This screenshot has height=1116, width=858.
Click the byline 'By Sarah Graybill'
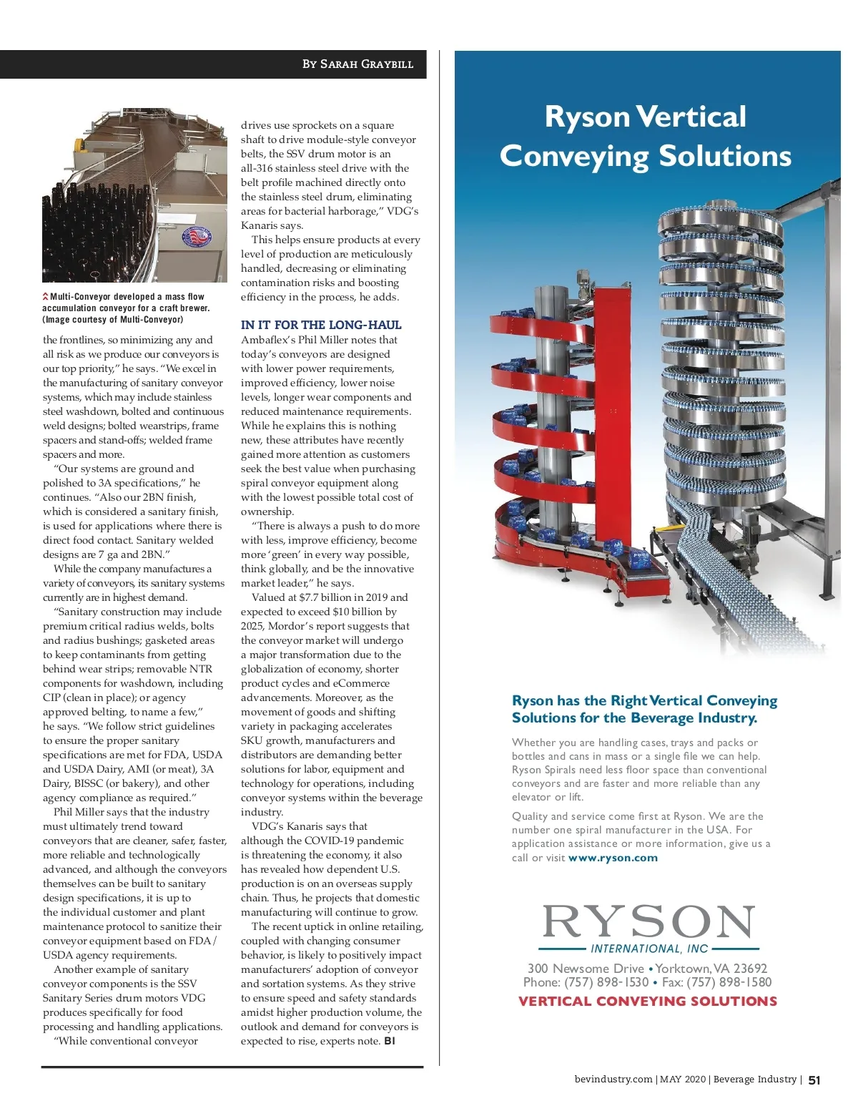click(357, 64)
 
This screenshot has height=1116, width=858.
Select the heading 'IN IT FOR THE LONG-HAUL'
click(321, 325)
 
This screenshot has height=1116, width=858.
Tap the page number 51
click(814, 1080)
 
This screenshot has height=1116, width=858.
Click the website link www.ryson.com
click(613, 858)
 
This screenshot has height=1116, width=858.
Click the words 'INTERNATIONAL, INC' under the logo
click(649, 949)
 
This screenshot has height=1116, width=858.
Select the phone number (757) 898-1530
click(606, 982)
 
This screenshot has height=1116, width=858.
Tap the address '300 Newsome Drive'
click(586, 969)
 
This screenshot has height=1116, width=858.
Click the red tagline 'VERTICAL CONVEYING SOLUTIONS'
click(648, 1002)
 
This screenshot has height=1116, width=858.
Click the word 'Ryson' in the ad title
click(586, 117)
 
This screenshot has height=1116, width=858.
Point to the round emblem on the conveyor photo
click(198, 238)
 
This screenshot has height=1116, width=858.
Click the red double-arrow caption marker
click(46, 297)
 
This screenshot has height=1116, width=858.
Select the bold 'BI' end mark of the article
click(390, 1041)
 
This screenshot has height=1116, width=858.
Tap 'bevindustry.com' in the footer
click(613, 1080)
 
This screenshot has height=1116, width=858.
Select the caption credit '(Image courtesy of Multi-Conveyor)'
click(112, 320)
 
